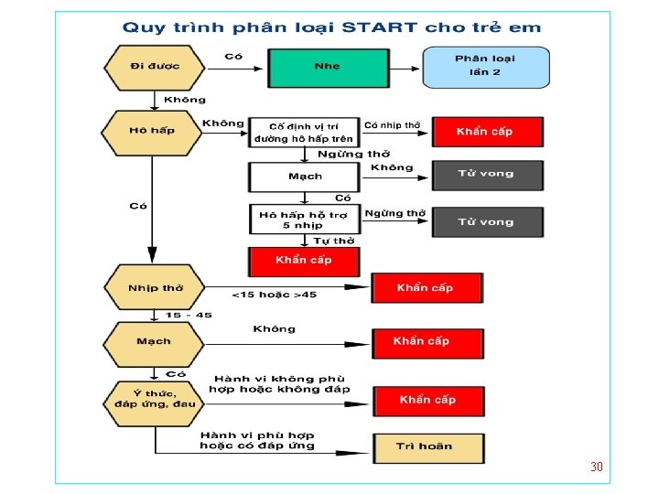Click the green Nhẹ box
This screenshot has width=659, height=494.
coord(327,67)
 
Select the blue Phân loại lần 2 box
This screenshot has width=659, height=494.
coord(485,66)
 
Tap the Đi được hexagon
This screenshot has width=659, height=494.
coord(154,67)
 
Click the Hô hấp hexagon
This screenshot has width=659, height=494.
coord(152,132)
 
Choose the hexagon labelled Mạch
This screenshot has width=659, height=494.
coord(154,342)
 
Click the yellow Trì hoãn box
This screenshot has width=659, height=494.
coord(427,446)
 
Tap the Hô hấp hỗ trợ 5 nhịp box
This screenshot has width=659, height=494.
coord(304,220)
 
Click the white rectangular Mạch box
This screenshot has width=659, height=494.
coord(304,176)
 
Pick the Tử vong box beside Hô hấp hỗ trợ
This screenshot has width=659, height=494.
coord(486,221)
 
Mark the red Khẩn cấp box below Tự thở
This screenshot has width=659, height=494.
coord(304,261)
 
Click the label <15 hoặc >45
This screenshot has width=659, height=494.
coord(274,295)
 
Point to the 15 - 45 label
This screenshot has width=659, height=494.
coord(189,316)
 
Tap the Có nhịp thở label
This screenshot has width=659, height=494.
coord(392,124)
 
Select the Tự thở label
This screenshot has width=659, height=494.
coord(334,241)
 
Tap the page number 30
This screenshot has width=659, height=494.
coord(597,467)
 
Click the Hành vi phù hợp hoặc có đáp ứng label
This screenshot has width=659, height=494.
coord(257,440)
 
